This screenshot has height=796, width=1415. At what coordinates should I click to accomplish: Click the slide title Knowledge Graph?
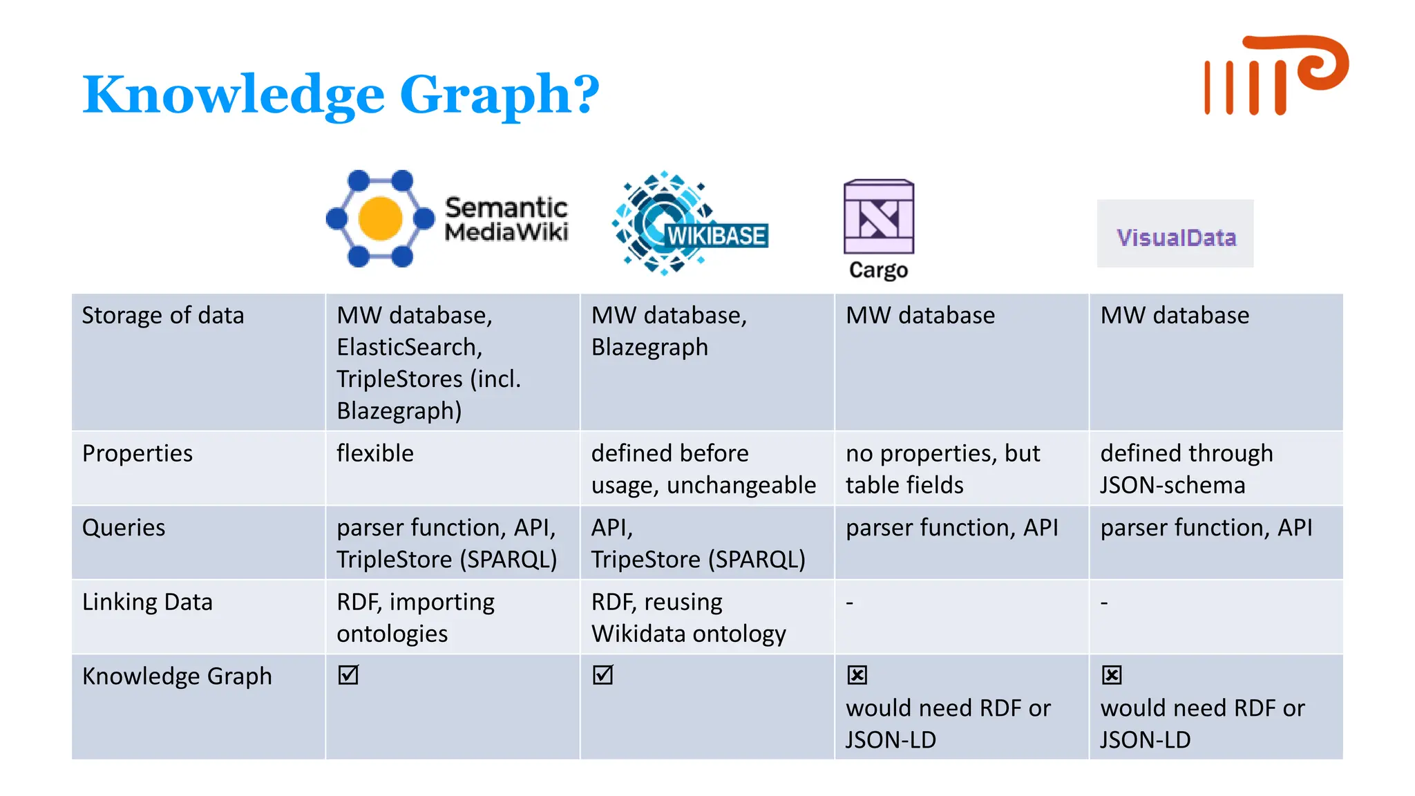click(341, 95)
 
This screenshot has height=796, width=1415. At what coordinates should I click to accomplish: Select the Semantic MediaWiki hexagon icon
click(379, 218)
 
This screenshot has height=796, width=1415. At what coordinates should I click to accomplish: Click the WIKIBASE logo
click(690, 223)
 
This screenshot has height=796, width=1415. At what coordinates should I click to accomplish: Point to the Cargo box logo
click(878, 217)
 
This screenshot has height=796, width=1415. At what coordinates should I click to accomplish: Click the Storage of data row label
click(163, 316)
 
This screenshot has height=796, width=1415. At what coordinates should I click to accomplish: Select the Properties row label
click(137, 453)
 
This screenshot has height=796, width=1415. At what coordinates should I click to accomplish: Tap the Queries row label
click(124, 528)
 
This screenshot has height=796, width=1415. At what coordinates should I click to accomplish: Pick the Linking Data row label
click(147, 602)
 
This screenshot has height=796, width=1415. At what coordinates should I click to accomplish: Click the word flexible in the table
click(375, 453)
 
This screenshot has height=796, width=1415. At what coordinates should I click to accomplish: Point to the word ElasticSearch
click(408, 347)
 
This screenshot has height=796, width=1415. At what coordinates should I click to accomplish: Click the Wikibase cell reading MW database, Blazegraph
click(669, 331)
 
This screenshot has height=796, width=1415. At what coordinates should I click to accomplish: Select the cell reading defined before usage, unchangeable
click(703, 469)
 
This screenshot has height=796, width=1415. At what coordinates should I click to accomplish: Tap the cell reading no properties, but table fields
click(942, 469)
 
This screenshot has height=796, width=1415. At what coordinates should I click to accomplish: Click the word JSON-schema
click(1172, 485)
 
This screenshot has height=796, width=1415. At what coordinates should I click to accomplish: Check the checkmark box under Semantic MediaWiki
click(348, 674)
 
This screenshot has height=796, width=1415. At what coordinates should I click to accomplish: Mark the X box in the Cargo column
click(857, 674)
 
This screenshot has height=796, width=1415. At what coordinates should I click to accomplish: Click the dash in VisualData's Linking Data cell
click(1104, 603)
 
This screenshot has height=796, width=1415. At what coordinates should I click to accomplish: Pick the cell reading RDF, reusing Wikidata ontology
click(688, 618)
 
